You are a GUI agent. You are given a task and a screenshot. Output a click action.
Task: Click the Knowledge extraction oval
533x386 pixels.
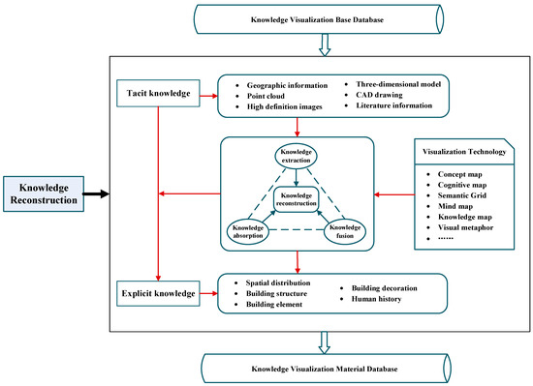[x=297, y=158]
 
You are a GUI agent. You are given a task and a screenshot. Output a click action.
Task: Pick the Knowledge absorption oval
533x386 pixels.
[x=249, y=232]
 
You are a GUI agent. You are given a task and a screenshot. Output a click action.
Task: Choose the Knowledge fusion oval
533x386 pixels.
[x=344, y=232]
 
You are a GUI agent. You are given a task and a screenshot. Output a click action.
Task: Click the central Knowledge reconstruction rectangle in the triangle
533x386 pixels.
[x=297, y=198]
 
